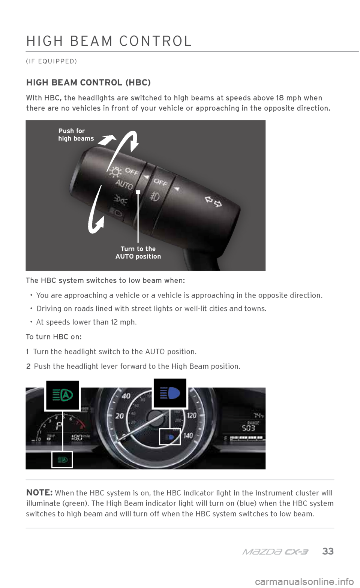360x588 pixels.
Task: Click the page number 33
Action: [328, 551]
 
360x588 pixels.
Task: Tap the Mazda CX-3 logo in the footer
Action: [275, 552]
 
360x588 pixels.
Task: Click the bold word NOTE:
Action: [40, 492]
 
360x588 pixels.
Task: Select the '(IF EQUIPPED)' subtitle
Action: [51, 61]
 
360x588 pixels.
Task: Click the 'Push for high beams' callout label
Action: [76, 135]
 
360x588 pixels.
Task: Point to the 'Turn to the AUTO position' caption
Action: [138, 253]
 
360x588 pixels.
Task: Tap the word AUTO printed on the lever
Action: [124, 185]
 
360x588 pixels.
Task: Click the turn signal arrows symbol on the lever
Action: [213, 201]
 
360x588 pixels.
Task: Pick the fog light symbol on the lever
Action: [154, 196]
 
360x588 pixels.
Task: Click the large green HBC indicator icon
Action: [63, 395]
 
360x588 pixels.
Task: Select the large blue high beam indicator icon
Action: [170, 393]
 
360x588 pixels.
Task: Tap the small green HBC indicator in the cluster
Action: [62, 459]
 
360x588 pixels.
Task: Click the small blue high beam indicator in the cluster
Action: [170, 437]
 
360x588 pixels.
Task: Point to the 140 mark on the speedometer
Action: [188, 436]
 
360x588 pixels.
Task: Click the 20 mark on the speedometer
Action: [120, 416]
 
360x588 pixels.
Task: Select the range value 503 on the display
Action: [248, 428]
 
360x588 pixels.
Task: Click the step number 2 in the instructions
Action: [28, 367]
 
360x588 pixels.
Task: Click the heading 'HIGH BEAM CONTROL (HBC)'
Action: [88, 83]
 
